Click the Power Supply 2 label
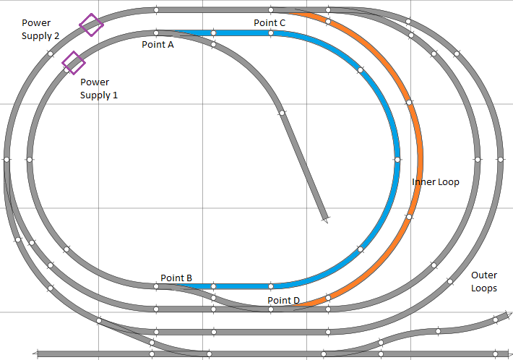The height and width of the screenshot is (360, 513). (x=40, y=29)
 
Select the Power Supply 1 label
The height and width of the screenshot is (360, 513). (x=99, y=88)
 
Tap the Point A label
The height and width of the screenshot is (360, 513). (x=158, y=44)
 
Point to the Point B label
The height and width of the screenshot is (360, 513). (x=176, y=278)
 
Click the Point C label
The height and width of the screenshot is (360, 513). (x=270, y=23)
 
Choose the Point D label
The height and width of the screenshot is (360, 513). (x=283, y=300)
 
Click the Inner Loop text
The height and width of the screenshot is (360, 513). (x=436, y=182)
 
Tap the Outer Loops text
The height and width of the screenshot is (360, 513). (x=483, y=282)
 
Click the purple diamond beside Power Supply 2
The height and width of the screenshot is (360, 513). (x=90, y=25)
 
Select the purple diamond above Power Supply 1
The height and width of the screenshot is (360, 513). (x=72, y=63)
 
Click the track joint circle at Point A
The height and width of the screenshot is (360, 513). (x=157, y=33)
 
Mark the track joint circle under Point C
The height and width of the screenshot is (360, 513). (x=270, y=33)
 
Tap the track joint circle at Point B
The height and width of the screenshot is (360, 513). (x=157, y=286)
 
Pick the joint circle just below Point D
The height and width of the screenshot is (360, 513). (x=271, y=309)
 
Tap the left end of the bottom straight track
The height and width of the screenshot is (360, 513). (x=38, y=354)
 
